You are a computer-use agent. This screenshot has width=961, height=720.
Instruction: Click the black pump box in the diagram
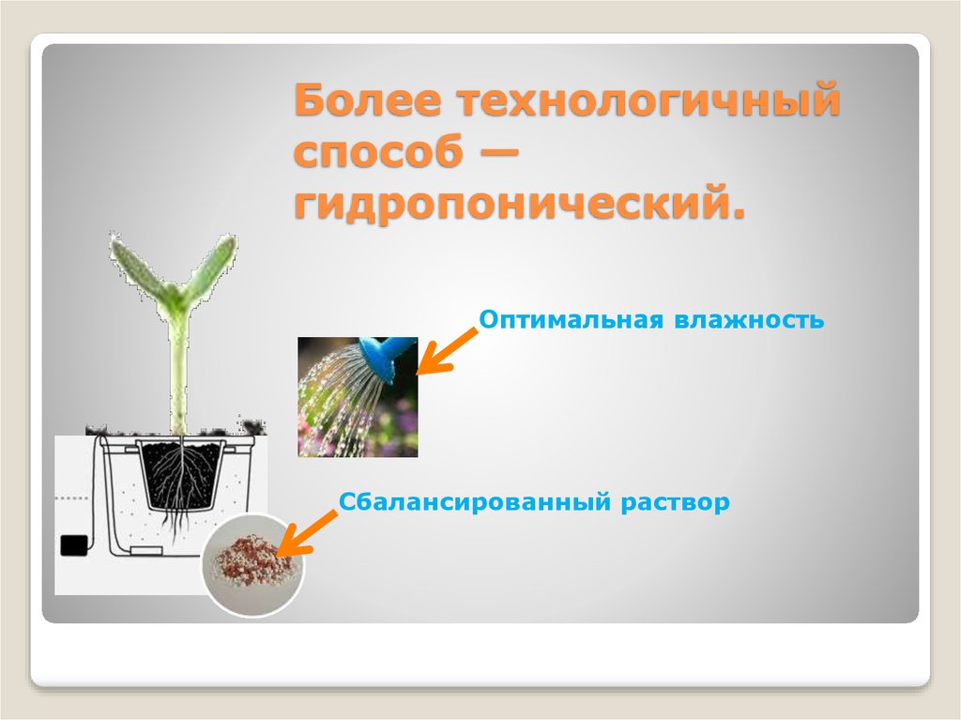(x=72, y=545)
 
